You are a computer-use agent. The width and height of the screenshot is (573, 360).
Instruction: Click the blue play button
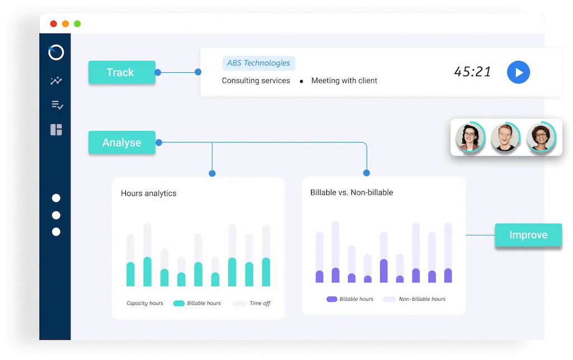[x=518, y=72]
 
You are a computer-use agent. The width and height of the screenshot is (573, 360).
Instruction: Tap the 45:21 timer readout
[x=472, y=72]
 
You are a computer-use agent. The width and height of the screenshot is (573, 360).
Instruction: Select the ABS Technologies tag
[x=259, y=63]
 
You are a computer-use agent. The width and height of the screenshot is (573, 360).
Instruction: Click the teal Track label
[x=121, y=72]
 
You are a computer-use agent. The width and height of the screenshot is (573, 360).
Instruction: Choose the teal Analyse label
[x=121, y=143]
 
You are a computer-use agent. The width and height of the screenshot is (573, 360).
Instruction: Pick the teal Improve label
[x=528, y=235]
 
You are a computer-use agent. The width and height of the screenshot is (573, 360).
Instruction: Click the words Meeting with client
[x=344, y=81]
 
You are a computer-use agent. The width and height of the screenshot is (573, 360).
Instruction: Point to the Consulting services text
[x=256, y=81]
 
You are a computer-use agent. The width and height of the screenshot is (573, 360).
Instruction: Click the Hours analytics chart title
[x=148, y=193]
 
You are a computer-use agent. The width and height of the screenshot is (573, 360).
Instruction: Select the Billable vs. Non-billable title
[x=351, y=193]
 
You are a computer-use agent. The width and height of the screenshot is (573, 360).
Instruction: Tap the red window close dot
[x=54, y=24]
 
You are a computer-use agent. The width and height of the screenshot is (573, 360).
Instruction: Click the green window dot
[x=77, y=24]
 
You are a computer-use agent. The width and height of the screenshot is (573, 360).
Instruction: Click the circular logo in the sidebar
[x=56, y=52]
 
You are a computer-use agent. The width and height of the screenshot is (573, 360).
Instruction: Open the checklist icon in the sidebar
[x=57, y=105]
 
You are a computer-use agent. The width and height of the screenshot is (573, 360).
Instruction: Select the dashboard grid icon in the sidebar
[x=56, y=130]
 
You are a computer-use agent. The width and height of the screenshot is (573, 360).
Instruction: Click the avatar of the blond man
[x=505, y=137]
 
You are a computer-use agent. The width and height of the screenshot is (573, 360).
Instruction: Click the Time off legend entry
[x=260, y=303]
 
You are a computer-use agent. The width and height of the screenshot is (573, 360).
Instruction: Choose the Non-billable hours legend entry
[x=422, y=299]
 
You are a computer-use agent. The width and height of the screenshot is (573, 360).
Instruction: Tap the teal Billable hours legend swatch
[x=179, y=303]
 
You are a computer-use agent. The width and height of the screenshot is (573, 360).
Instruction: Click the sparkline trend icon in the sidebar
[x=56, y=81]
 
